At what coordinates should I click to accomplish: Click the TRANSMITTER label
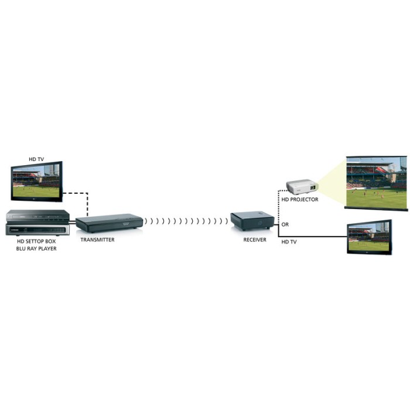98,240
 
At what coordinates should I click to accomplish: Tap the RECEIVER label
255,240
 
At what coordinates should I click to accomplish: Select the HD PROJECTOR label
300,200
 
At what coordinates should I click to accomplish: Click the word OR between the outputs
285,224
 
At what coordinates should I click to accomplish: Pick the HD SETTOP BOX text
37,241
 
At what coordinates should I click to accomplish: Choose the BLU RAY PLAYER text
37,249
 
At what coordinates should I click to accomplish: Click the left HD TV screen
36,182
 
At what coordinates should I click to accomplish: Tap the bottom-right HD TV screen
369,237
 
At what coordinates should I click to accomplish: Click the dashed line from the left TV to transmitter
87,202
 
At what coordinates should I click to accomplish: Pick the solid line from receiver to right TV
310,237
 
